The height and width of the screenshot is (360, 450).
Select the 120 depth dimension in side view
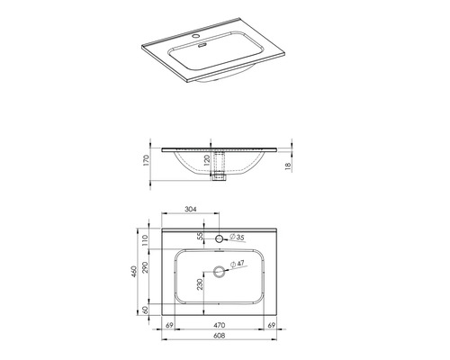coord(207,163)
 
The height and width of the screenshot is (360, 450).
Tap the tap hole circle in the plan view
coord(220,238)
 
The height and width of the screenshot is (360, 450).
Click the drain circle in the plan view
coord(220,271)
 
